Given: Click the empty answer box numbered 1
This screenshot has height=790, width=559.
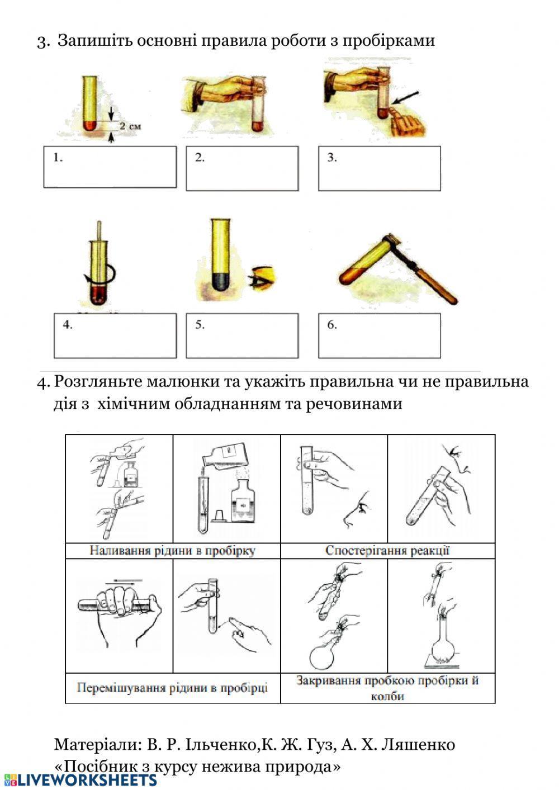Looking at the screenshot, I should point(110,167).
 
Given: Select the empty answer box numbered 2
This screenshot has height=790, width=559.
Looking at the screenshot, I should point(242,168).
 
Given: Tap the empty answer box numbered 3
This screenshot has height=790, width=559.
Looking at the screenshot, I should point(379,168).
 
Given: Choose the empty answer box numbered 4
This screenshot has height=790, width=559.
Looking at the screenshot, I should point(115,335).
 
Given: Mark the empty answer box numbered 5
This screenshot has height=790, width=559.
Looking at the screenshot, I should point(242,335).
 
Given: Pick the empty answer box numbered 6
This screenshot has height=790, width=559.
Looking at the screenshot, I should point(379,335).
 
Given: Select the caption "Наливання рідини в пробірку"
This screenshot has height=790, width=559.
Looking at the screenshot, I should point(172,551).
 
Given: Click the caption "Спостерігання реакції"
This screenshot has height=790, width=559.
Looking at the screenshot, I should point(387,551).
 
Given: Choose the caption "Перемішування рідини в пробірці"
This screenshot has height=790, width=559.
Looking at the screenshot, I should point(172,687).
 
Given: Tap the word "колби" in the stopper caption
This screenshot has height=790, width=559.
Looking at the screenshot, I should point(387,696).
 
